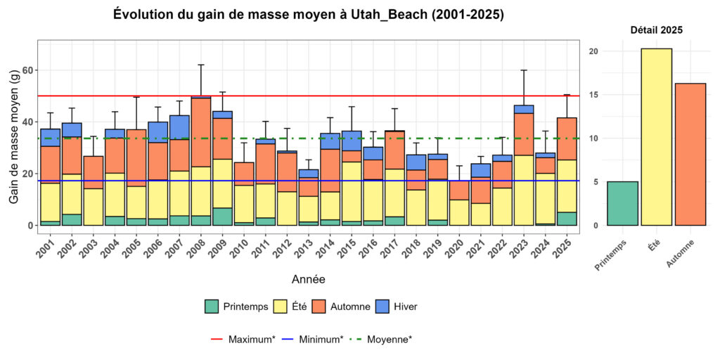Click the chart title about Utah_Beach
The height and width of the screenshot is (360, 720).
[x=309, y=15]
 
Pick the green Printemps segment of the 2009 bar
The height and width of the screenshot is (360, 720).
[x=222, y=217]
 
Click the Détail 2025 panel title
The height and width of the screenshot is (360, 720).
[x=656, y=30]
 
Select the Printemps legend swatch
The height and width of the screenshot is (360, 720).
[x=212, y=306]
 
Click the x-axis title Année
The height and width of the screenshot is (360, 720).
[x=308, y=279]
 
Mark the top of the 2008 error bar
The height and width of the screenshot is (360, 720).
[x=201, y=65]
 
